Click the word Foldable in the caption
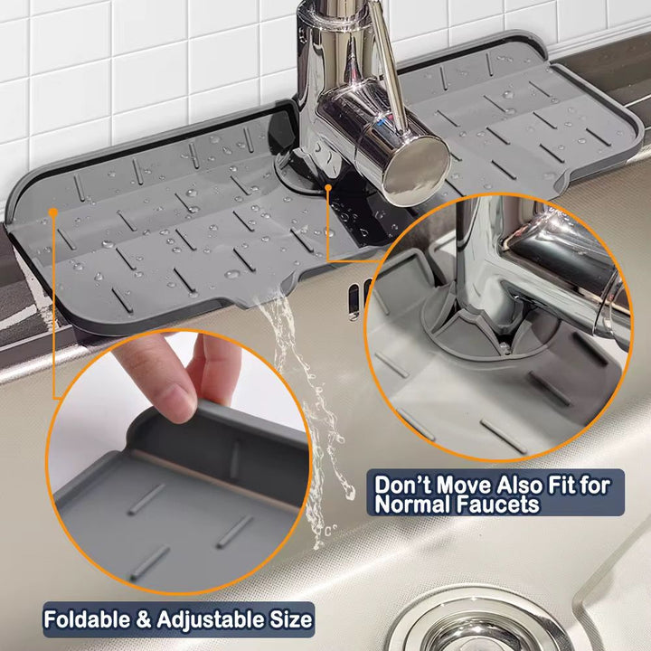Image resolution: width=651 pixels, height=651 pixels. (87, 620)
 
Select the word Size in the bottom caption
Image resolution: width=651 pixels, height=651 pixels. (291, 620)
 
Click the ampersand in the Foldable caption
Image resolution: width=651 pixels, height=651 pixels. (144, 620)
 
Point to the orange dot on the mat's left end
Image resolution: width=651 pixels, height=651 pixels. (52, 212)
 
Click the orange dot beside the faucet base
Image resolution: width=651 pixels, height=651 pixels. (328, 188)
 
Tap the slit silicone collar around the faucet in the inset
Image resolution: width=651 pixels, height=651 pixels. (465, 328)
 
